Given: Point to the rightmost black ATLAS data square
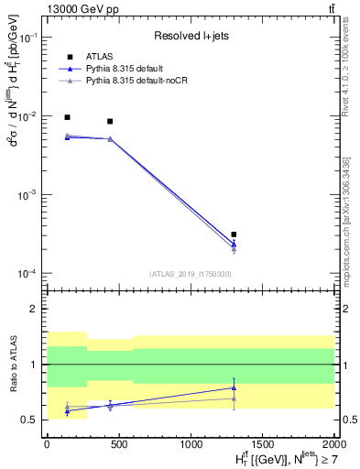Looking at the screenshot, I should tap(235, 234).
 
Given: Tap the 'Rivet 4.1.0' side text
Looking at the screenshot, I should tap(345, 69).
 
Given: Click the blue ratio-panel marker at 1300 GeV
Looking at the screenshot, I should tap(235, 387).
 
